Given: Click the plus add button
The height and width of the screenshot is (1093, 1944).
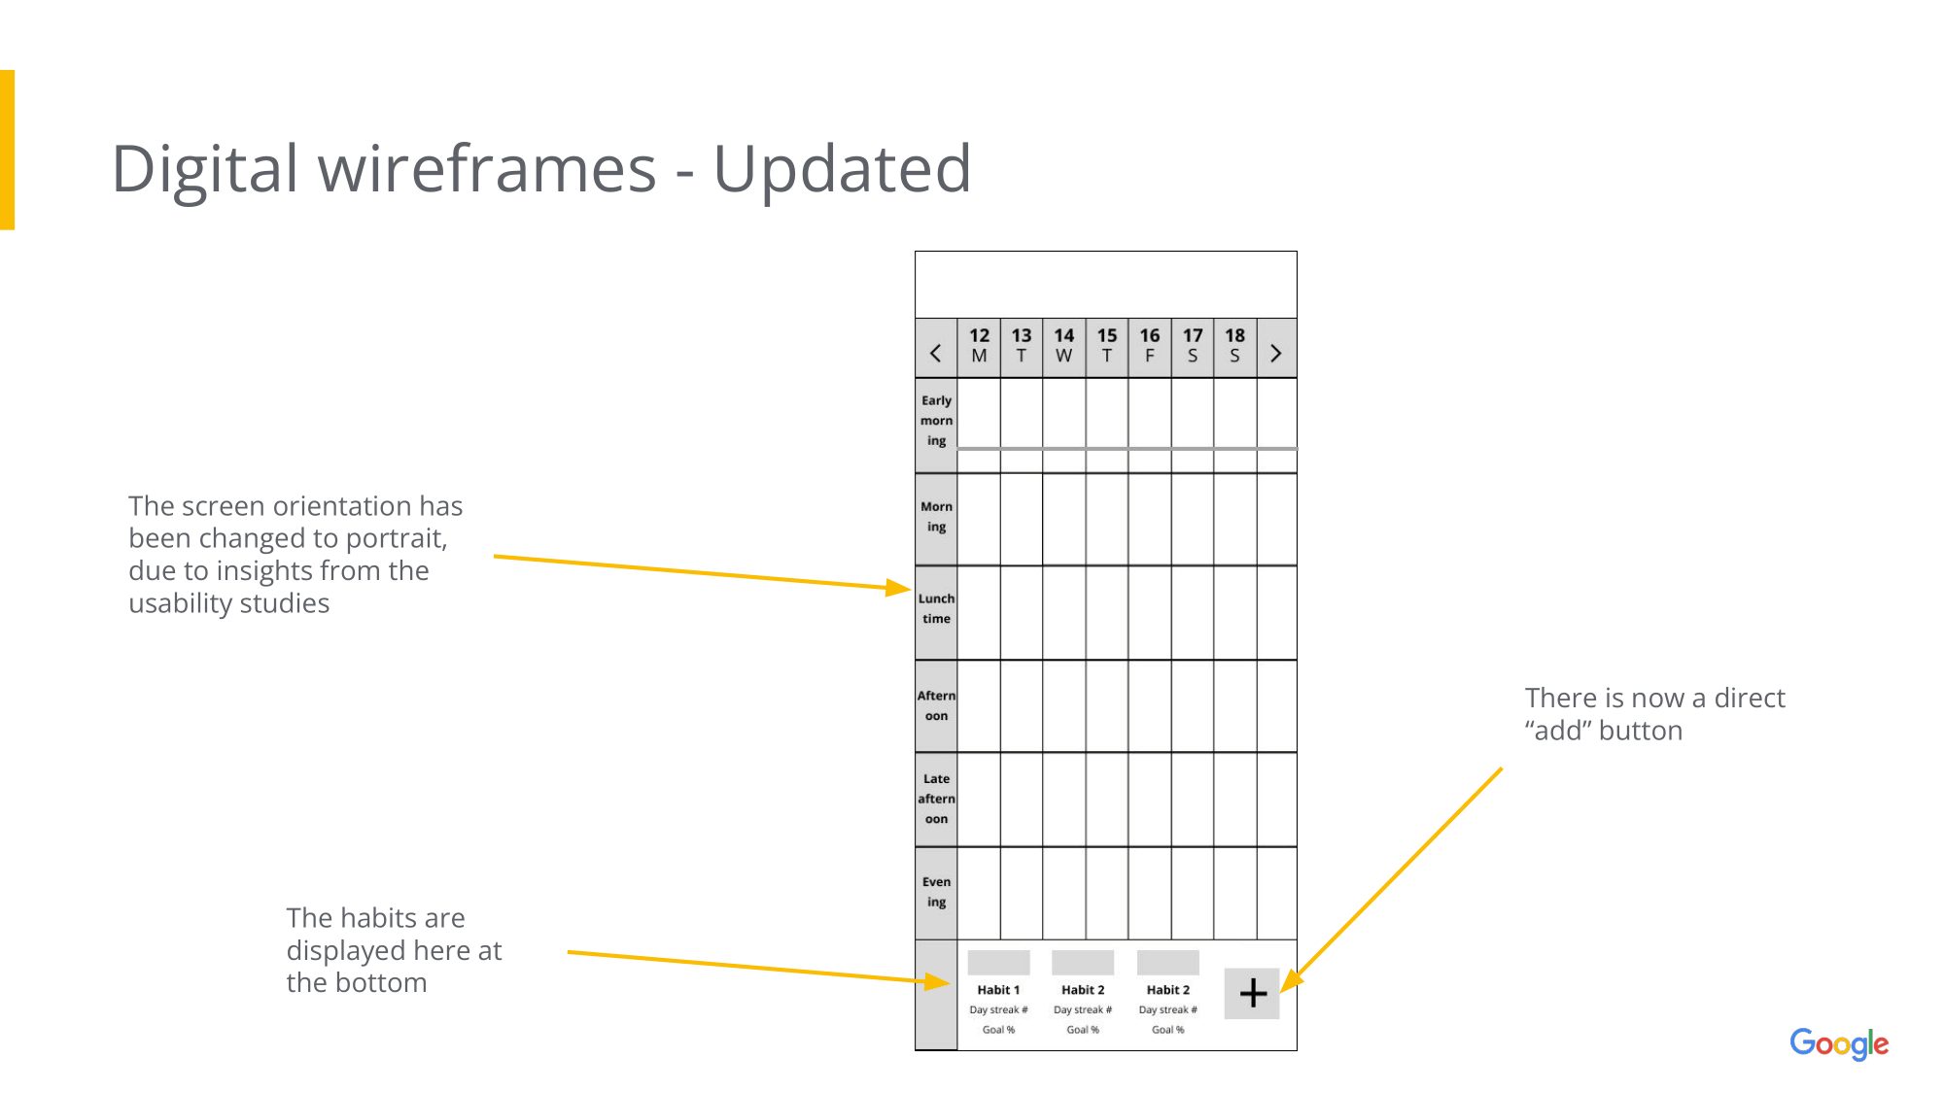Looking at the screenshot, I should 1252,993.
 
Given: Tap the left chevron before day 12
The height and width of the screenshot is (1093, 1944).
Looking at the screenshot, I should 936,354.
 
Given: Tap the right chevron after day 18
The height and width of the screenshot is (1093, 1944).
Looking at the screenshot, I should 1276,354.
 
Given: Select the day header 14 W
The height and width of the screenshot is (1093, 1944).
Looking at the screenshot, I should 1064,346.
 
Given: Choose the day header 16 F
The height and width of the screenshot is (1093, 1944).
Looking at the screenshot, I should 1150,346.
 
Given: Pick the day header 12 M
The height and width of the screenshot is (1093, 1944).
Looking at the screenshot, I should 979,346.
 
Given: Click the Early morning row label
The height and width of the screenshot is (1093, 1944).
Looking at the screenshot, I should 936,421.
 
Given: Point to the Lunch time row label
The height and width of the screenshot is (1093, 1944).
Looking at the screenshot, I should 936,608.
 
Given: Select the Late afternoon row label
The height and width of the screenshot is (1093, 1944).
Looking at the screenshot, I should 936,799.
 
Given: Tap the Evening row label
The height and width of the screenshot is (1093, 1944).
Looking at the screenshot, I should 936,892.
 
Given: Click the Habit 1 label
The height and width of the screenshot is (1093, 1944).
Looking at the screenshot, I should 998,990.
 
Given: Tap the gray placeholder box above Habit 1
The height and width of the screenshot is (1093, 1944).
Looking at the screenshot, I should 998,963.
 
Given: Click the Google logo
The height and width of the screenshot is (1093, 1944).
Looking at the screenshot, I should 1839,1044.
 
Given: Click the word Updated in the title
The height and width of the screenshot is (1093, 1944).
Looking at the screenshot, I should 842,169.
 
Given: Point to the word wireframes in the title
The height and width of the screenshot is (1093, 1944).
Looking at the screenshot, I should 487,169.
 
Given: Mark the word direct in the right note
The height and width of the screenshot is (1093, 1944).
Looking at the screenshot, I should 1750,699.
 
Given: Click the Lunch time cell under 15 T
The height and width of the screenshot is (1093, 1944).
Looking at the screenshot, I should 1107,612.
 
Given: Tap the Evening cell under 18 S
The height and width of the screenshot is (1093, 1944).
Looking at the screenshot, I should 1235,893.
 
